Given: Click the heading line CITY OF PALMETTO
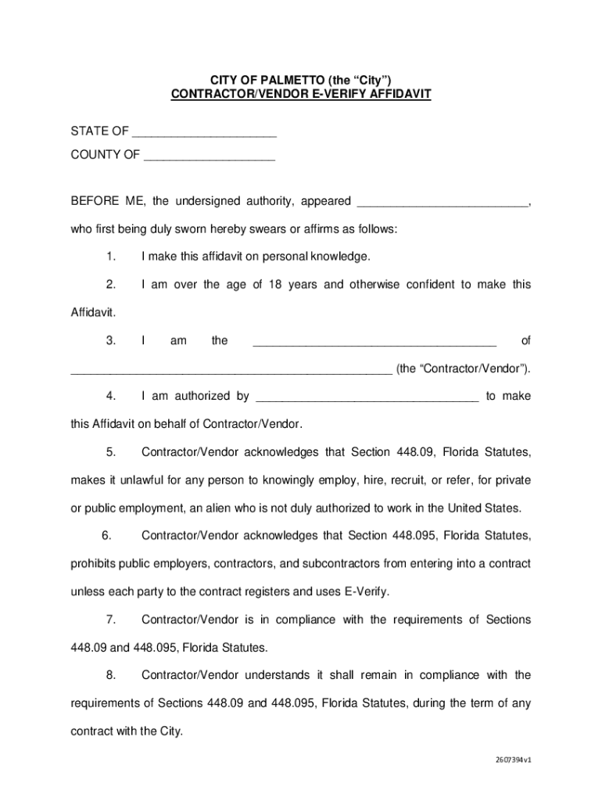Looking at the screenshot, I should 300,80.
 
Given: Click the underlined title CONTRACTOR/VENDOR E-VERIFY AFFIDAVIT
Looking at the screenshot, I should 301,95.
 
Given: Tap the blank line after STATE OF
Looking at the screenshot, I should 205,131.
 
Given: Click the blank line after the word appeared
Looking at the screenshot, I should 443,203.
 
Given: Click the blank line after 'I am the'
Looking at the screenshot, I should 374,341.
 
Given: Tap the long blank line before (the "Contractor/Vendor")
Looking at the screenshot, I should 231,369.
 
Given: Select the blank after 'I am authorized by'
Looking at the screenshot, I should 367,397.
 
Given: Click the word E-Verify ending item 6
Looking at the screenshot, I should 366,591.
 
